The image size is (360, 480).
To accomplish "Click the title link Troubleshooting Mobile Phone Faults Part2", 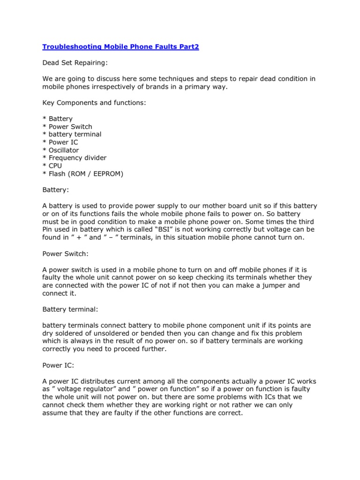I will coord(120,47).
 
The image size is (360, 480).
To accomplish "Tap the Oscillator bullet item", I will coord(63,150).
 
